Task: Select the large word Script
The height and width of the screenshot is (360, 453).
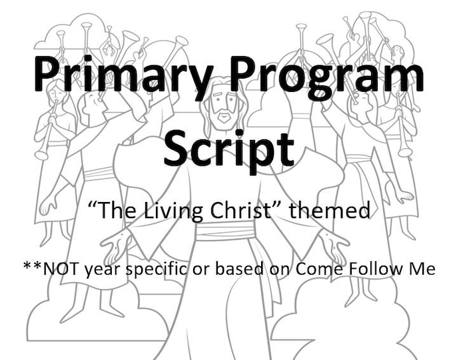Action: click(x=228, y=148)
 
